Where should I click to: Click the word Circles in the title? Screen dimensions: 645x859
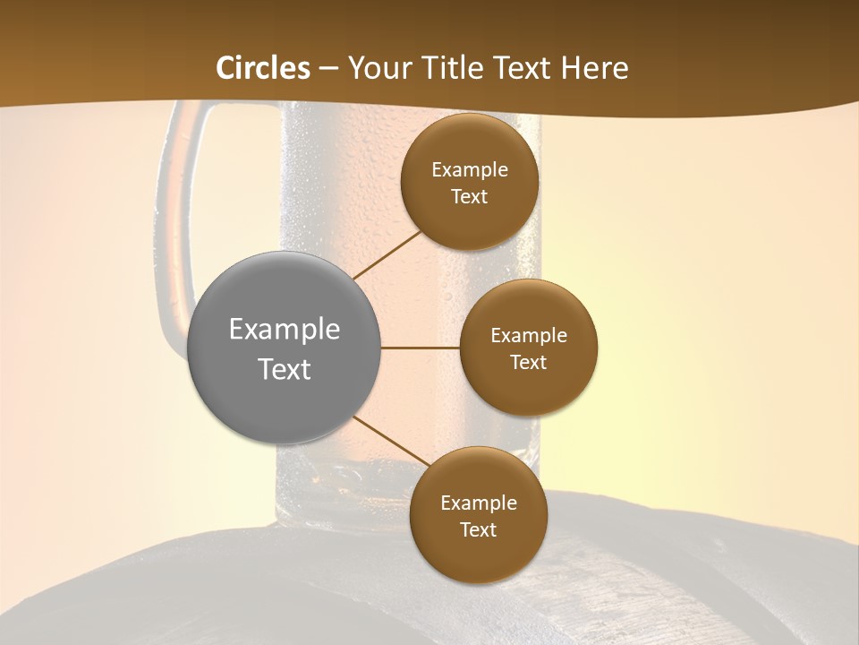[x=263, y=68]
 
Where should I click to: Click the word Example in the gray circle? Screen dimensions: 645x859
[x=285, y=330]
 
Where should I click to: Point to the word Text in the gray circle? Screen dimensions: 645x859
[x=285, y=369]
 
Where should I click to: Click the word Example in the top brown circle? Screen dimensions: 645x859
[x=470, y=170]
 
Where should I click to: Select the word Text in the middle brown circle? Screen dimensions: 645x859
[x=529, y=363]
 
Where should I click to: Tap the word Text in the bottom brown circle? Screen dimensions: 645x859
[x=478, y=530]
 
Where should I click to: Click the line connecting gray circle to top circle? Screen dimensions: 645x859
[x=387, y=254]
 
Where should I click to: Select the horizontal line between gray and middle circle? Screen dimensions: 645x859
[x=421, y=348]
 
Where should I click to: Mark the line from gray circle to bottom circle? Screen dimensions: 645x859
[x=390, y=441]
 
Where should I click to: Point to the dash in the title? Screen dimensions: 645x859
[x=328, y=69]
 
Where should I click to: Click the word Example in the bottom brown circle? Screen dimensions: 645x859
[x=479, y=503]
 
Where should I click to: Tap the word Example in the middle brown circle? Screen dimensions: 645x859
[x=529, y=336]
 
